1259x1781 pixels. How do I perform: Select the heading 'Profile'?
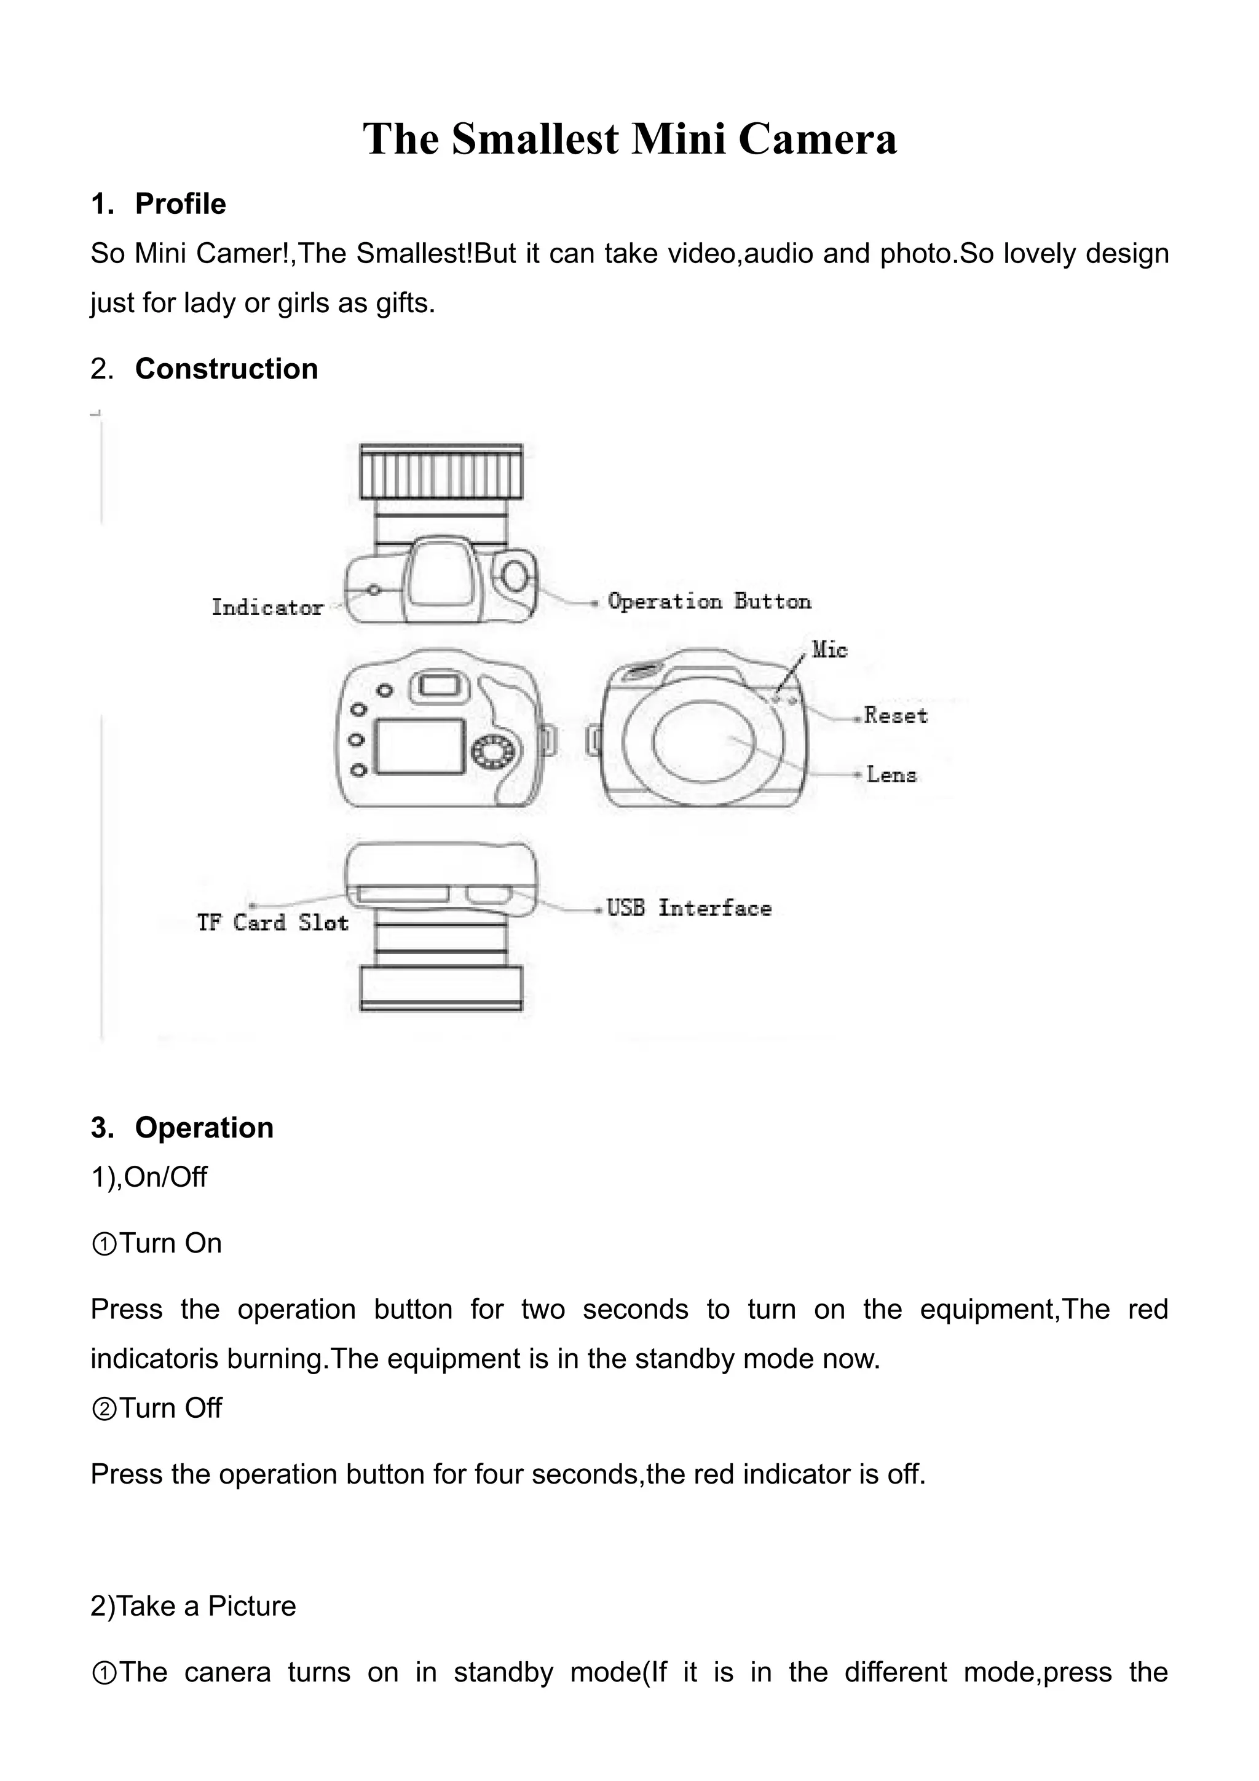click(x=180, y=204)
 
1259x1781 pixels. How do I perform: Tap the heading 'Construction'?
click(x=226, y=369)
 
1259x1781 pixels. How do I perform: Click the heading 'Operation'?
click(x=204, y=1127)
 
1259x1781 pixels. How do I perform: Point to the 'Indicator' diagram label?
click(x=267, y=607)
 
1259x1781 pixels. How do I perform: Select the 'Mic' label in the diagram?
click(x=829, y=649)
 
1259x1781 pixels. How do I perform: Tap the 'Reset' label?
click(x=895, y=715)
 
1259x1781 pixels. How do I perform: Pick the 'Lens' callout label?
click(x=891, y=774)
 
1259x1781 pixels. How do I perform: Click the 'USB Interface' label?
click(x=689, y=908)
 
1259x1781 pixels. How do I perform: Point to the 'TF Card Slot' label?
click(x=272, y=922)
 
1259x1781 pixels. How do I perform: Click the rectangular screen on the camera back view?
click(x=420, y=746)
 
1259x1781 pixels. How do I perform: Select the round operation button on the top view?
click(x=515, y=576)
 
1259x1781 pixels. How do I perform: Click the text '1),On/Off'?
click(x=149, y=1177)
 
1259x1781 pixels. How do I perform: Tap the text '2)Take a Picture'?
click(x=193, y=1606)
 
